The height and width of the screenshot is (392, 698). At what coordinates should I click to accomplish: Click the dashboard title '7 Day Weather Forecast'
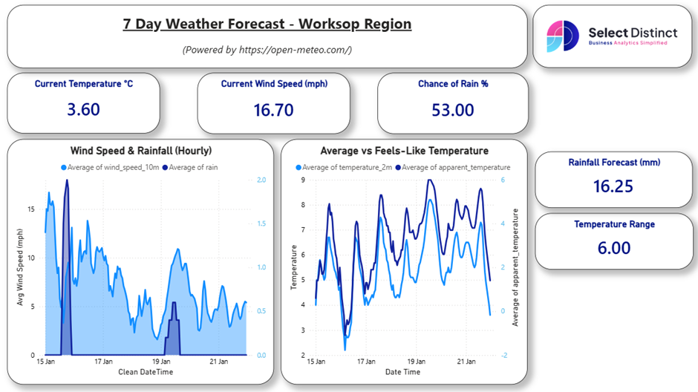coord(267,24)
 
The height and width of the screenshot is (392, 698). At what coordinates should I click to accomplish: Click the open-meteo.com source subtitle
coord(267,50)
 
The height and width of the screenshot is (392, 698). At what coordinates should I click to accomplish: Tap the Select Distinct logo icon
coord(562,36)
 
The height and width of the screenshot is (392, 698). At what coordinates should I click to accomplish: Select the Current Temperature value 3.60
coord(83,110)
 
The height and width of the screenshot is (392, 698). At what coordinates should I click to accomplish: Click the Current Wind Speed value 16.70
coord(273,110)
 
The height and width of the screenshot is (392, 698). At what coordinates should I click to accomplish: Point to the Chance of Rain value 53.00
coord(452,110)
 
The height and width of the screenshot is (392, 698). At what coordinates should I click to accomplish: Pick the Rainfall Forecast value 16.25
coord(613,186)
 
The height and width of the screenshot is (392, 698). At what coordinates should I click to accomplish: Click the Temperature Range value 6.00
coord(613,247)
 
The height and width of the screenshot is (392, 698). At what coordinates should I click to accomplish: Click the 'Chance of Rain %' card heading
coord(452,84)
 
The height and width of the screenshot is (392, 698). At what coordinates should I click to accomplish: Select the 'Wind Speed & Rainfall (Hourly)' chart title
coord(140,151)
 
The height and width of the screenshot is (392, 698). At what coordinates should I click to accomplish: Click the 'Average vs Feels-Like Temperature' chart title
coord(404,151)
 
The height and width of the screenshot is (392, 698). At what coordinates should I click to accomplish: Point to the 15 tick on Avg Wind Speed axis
coord(30,209)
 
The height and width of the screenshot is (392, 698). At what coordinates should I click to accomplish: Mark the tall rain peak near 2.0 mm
coord(67,181)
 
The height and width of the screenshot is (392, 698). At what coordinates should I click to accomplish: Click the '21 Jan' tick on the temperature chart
coord(466,362)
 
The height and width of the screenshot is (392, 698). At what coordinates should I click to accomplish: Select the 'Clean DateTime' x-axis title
coord(146,371)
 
